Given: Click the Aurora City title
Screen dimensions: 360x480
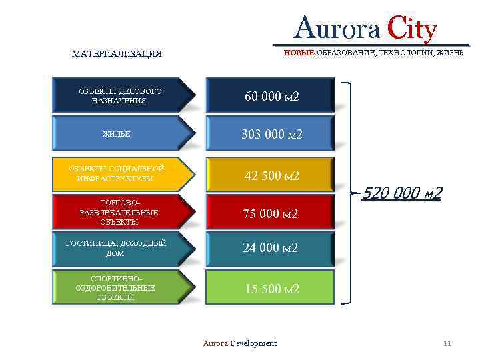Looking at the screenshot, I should tap(366, 29).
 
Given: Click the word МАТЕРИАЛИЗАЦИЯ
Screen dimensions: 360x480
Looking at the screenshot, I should tap(117, 53).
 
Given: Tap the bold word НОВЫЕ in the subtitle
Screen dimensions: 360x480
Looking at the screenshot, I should tap(299, 52).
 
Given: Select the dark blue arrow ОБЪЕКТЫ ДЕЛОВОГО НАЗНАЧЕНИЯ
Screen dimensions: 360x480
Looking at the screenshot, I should tap(120, 95).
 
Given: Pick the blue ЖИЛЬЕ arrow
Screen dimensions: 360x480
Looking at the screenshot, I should tap(120, 134).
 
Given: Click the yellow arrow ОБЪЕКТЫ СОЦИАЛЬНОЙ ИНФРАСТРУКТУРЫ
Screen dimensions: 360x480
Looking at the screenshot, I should tap(120, 173).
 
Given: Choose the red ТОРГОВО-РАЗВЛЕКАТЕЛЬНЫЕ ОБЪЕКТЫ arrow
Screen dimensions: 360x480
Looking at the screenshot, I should tap(120, 212).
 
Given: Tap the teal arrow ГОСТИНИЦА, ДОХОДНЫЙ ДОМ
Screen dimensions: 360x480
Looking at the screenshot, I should tap(120, 249).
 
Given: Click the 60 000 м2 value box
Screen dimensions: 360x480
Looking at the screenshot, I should tap(270, 97).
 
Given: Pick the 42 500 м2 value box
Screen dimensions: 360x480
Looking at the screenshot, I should tap(270, 176).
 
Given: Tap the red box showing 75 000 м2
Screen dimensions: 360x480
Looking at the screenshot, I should tap(270, 213).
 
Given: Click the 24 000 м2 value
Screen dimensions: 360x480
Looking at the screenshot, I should tap(270, 248).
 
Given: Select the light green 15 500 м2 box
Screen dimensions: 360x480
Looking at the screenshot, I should tap(270, 289).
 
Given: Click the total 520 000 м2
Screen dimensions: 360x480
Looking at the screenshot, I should tap(401, 193).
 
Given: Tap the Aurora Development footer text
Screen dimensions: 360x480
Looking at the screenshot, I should tap(239, 343).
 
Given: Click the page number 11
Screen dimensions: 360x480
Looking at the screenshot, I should tap(447, 343).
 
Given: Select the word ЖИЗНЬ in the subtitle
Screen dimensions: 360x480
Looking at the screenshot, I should tap(449, 52).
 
